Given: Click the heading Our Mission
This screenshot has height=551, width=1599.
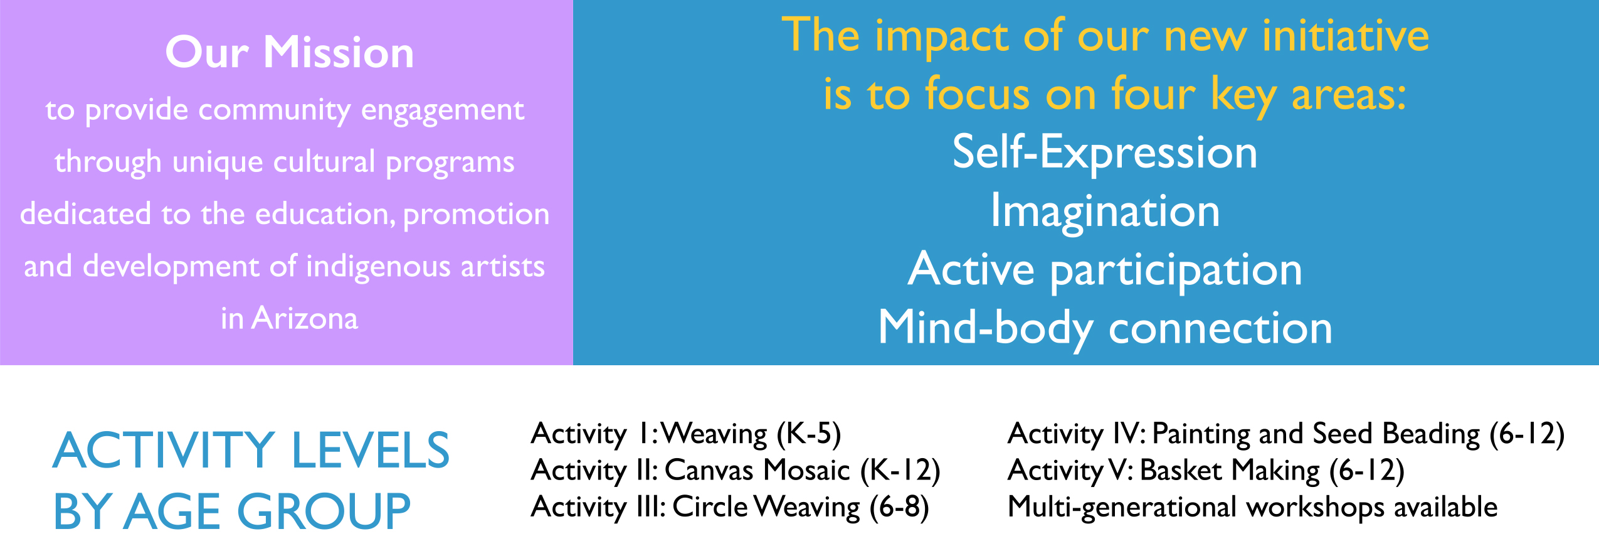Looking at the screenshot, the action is click(290, 52).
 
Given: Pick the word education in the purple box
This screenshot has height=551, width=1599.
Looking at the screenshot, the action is click(325, 214).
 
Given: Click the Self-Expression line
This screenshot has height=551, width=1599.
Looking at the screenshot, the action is click(1105, 152).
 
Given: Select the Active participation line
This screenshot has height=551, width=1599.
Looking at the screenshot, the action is click(1105, 270).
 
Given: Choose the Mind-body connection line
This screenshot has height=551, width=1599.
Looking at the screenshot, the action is click(1105, 328).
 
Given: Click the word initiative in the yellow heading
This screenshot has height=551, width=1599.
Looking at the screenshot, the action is click(1346, 36).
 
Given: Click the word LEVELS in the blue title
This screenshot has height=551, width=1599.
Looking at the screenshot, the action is click(371, 451).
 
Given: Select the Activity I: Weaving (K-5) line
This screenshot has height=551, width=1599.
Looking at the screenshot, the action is click(686, 434).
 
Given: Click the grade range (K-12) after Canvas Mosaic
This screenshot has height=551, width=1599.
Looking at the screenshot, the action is click(900, 471).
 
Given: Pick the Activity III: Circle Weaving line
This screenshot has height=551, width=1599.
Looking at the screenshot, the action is click(730, 508).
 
